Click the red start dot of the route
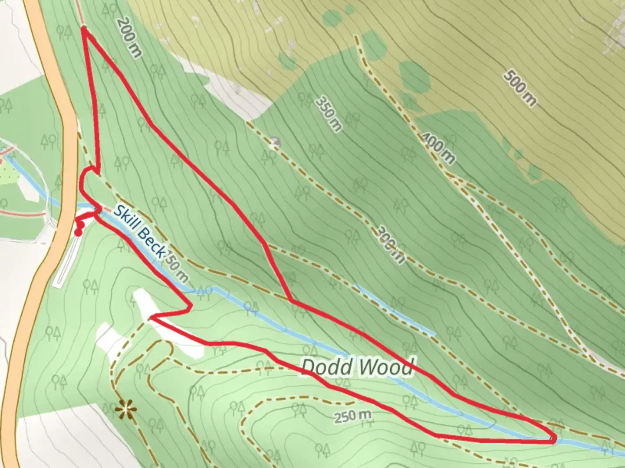coord(78,233)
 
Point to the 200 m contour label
coord(129,38)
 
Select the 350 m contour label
coord(329,114)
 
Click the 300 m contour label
coord(390,245)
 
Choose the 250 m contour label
coord(353,416)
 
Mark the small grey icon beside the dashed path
coord(274,143)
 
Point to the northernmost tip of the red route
coord(83,29)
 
